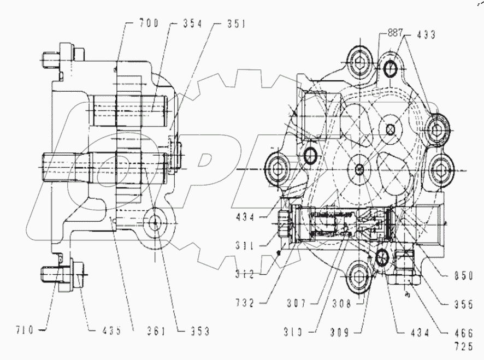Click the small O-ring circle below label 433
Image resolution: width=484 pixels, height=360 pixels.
tap(391, 69)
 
